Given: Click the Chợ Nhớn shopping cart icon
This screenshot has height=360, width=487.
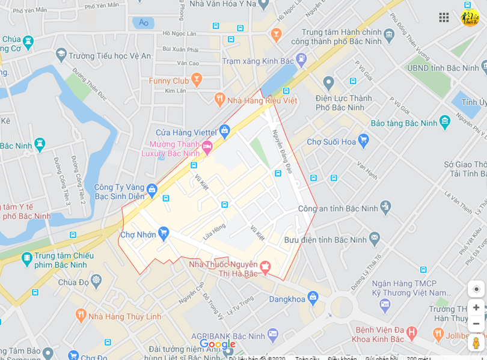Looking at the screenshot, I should pyautogui.click(x=163, y=233).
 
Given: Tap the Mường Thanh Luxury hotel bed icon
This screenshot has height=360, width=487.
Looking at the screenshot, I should pyautogui.click(x=207, y=146).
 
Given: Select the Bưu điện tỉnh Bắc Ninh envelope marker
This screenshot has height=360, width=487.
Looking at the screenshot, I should pyautogui.click(x=375, y=239).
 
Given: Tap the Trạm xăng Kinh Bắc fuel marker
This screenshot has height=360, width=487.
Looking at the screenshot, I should pyautogui.click(x=301, y=59).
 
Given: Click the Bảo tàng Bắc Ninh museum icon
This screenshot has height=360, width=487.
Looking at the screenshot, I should pyautogui.click(x=445, y=121).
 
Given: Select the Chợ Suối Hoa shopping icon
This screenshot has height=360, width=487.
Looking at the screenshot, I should pyautogui.click(x=363, y=141).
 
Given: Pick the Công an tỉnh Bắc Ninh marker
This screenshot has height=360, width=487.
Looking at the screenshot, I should pyautogui.click(x=385, y=207).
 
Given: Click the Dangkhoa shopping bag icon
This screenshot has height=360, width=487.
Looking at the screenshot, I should pyautogui.click(x=313, y=297).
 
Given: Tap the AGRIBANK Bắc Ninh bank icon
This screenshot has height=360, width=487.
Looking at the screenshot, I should pyautogui.click(x=273, y=334).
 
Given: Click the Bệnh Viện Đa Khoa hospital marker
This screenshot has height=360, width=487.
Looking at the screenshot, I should pyautogui.click(x=411, y=332).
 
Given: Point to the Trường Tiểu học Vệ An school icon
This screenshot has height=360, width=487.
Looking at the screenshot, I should pyautogui.click(x=61, y=55).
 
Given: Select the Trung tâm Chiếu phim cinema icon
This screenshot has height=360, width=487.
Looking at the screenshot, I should pyautogui.click(x=27, y=258).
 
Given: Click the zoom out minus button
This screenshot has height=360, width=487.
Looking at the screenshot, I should pyautogui.click(x=476, y=323).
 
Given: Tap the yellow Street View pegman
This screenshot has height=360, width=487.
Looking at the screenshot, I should pyautogui.click(x=476, y=343).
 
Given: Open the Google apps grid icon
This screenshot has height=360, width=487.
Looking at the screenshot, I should pyautogui.click(x=444, y=17).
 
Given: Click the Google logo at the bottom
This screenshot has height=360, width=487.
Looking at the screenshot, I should pyautogui.click(x=218, y=344).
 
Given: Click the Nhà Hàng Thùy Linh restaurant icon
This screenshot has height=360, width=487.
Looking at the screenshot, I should pyautogui.click(x=81, y=315).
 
